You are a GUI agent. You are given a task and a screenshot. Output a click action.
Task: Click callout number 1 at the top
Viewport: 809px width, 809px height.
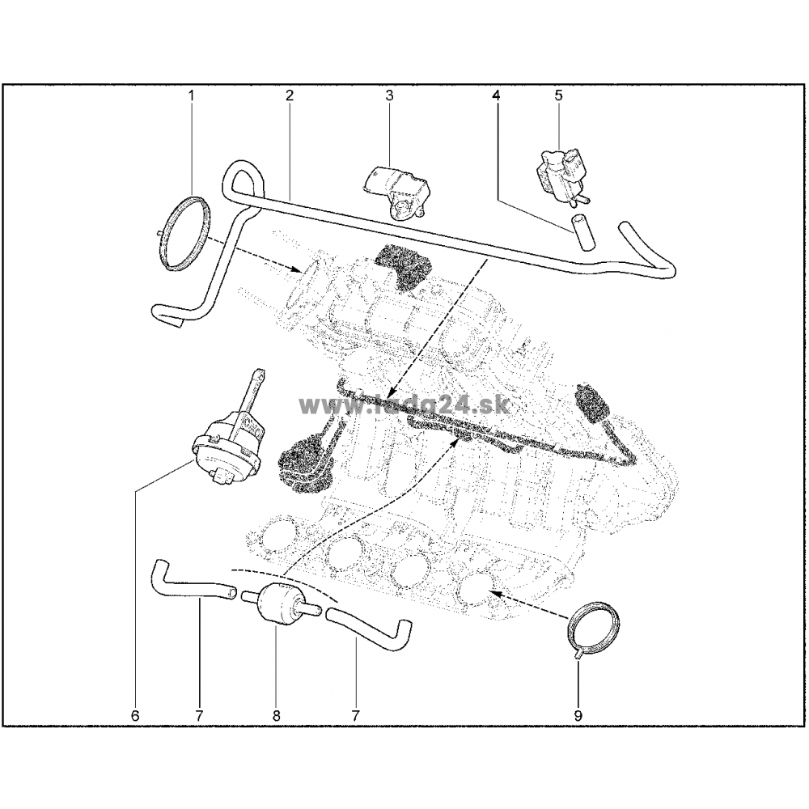[x=192, y=95]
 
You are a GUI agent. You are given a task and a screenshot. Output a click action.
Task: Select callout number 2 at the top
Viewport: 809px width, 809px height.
[x=290, y=95]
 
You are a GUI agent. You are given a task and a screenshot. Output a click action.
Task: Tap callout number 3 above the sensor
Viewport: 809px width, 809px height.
[x=390, y=95]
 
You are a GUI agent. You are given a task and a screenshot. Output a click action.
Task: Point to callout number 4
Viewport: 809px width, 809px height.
[x=497, y=95]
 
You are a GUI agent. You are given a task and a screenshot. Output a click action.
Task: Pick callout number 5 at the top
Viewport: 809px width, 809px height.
[x=559, y=95]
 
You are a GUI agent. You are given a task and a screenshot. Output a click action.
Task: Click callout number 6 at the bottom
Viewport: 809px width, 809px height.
[x=135, y=716]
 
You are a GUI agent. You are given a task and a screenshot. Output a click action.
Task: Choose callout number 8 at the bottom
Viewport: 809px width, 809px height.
[x=276, y=716]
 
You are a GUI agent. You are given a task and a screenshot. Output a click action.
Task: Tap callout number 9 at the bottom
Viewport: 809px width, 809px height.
[x=578, y=716]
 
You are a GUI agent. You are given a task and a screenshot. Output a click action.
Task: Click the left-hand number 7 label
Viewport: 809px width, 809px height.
[x=200, y=716]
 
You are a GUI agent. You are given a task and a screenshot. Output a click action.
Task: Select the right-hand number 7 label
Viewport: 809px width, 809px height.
[x=355, y=716]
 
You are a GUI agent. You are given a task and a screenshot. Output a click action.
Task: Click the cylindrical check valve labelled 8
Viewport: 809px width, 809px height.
[x=279, y=604]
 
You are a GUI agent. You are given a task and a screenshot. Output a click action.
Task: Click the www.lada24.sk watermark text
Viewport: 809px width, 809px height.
[x=404, y=405]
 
